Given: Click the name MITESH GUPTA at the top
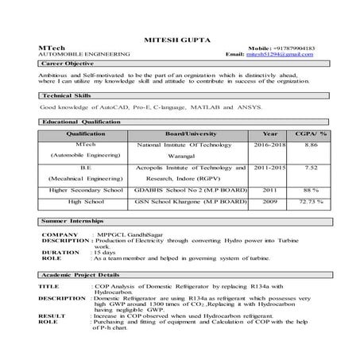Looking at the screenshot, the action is (x=180, y=38).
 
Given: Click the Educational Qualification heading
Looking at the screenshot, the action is (x=81, y=122).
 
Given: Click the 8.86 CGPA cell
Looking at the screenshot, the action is (x=311, y=145).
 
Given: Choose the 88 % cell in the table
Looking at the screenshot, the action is (x=311, y=191).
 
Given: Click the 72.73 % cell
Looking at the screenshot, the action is (x=311, y=203).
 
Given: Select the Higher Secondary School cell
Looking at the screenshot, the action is (x=85, y=191).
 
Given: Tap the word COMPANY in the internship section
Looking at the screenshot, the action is (x=60, y=235).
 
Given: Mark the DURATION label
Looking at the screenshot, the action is (x=60, y=252).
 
